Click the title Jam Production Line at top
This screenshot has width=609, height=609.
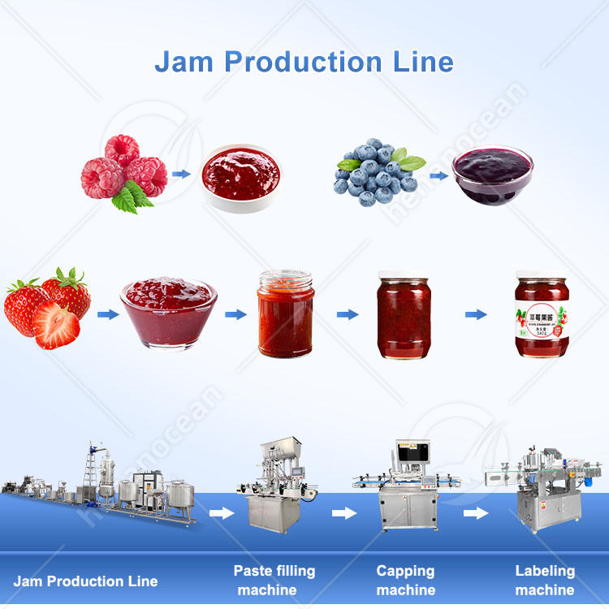(x=304, y=62)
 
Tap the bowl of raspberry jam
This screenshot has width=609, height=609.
(x=240, y=175)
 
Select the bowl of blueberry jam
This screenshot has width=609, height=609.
(x=492, y=172)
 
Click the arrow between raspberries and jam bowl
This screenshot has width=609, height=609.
(x=182, y=173)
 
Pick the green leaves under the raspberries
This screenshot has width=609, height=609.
(x=132, y=197)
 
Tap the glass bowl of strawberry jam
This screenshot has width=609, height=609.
(x=169, y=312)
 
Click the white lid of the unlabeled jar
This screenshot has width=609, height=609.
(x=404, y=275)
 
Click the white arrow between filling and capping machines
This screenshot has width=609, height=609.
(x=344, y=513)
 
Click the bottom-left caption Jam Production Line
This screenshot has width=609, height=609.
(x=85, y=581)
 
